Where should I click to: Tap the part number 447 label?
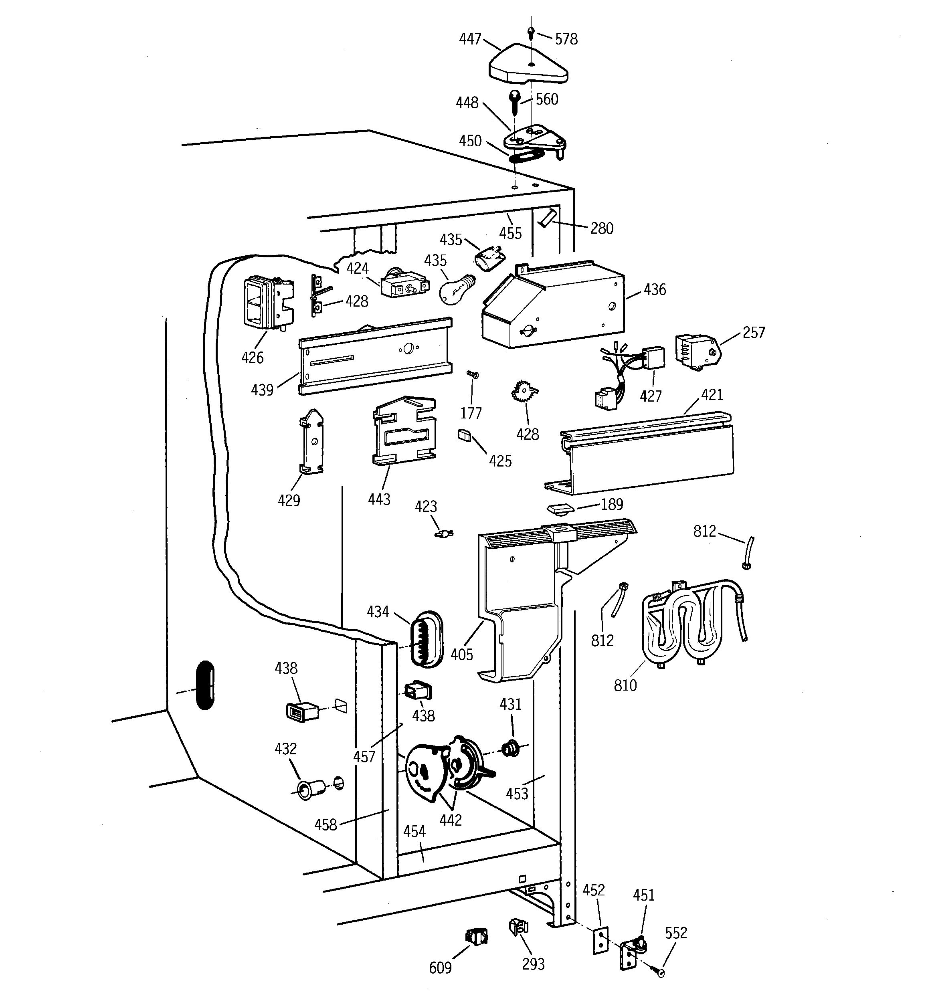(x=470, y=39)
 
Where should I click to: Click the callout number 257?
(x=753, y=332)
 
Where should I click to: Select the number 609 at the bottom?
(x=440, y=968)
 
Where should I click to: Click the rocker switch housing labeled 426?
(x=262, y=303)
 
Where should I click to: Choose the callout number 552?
(x=676, y=933)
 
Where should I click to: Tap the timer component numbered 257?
(x=697, y=353)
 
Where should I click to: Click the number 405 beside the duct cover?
(x=461, y=654)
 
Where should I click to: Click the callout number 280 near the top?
(x=602, y=228)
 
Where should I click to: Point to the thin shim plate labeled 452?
(x=600, y=941)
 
